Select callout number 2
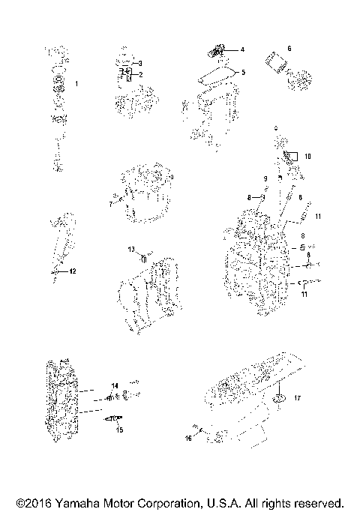139,74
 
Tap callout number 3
139,63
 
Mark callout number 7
110,203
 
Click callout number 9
265,178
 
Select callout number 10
307,157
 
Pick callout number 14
115,385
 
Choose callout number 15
118,430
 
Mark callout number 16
189,438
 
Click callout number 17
297,397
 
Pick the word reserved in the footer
319,502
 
